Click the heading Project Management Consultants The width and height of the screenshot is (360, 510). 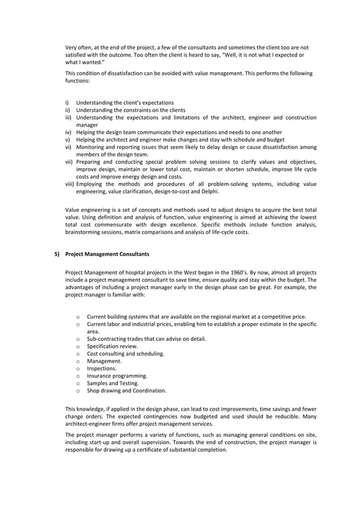(x=107, y=254)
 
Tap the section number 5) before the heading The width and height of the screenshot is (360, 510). (x=57, y=254)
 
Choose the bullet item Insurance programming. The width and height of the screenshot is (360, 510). (x=117, y=376)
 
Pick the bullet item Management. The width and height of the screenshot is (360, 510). (x=104, y=361)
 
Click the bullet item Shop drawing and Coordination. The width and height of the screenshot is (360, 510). (x=126, y=390)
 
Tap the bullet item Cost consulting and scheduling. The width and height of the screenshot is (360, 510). (x=125, y=354)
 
